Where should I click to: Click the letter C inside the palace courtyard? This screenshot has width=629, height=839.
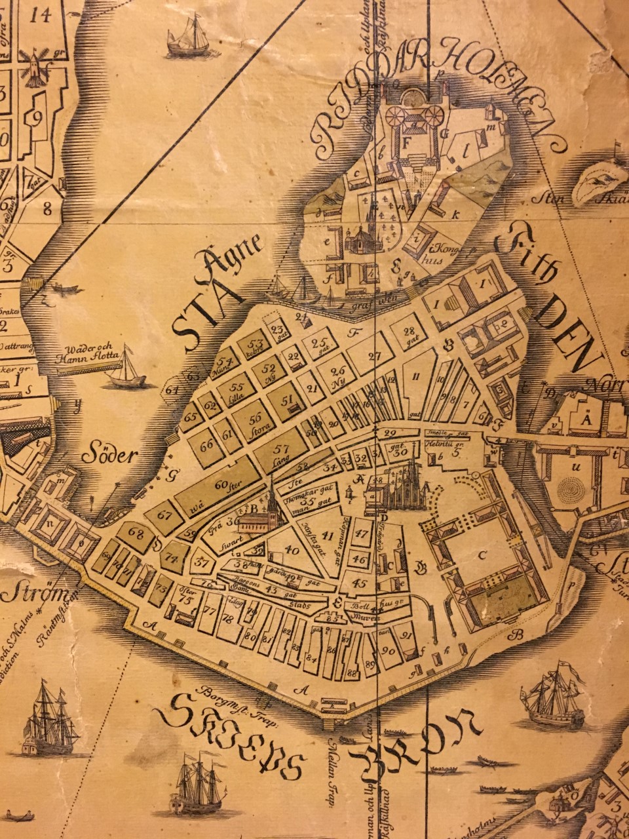[x=483, y=556]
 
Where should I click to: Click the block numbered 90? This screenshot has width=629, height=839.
[x=388, y=650]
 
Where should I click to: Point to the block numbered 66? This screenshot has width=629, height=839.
[x=207, y=446]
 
